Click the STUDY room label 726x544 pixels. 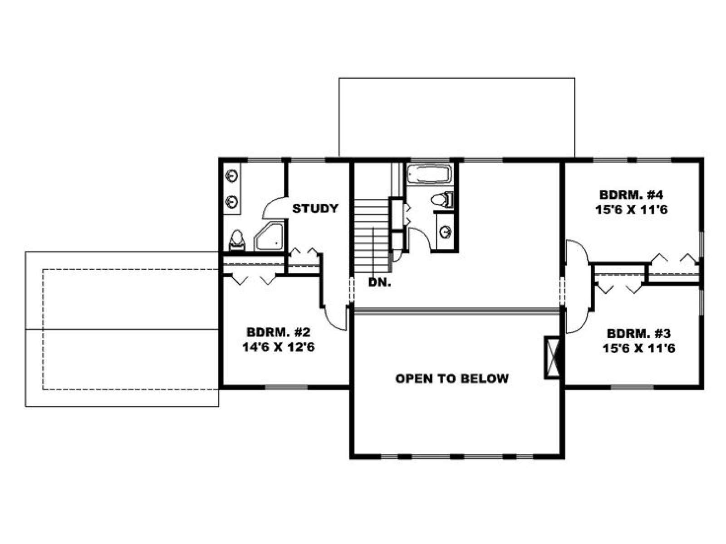point(315,209)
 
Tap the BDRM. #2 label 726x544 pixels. point(278,331)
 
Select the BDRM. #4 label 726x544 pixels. point(631,194)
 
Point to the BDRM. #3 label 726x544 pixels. point(638,333)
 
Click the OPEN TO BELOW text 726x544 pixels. point(452,379)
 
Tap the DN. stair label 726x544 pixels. point(380,282)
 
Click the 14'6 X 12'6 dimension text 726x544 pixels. point(278,347)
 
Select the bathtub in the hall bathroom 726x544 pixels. point(429,174)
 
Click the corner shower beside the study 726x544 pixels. point(269,237)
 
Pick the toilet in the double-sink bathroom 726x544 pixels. point(237,240)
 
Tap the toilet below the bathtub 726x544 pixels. point(442,200)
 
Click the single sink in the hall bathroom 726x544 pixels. point(446,232)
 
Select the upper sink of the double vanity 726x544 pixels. point(231,176)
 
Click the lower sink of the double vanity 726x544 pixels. point(231,201)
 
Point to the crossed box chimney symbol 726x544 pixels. point(552,357)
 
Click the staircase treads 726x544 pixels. point(372,235)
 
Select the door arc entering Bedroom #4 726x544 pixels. point(577,252)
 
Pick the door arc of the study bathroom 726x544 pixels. point(272,205)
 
